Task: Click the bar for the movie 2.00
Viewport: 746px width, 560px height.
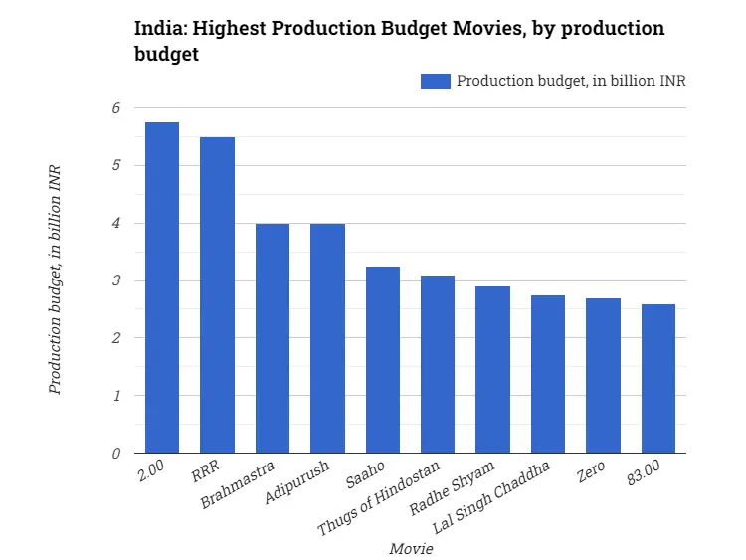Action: (x=162, y=288)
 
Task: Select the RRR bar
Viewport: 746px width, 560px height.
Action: (x=217, y=295)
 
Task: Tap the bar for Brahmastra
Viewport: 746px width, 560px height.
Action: (x=273, y=338)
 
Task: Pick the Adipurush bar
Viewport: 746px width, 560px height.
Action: (x=327, y=338)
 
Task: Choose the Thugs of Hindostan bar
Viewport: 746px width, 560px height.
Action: (x=438, y=364)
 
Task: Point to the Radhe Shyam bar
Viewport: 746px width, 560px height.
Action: (x=492, y=370)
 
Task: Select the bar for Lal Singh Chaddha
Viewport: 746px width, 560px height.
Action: (x=548, y=374)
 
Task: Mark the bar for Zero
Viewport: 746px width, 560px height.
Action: (x=603, y=376)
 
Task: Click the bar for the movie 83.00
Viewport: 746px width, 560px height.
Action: (x=658, y=379)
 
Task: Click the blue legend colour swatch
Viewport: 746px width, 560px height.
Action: (x=436, y=81)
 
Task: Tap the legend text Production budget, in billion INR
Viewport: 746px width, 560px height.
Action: (x=571, y=81)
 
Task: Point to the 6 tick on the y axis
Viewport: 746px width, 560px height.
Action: (x=115, y=107)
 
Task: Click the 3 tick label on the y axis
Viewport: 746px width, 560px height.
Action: (x=115, y=280)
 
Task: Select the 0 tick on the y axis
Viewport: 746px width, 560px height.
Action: (x=115, y=454)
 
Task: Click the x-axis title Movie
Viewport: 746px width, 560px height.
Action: (x=411, y=548)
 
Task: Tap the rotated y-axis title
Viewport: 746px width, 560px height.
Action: (x=56, y=280)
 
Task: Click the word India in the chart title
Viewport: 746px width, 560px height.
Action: (x=157, y=28)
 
